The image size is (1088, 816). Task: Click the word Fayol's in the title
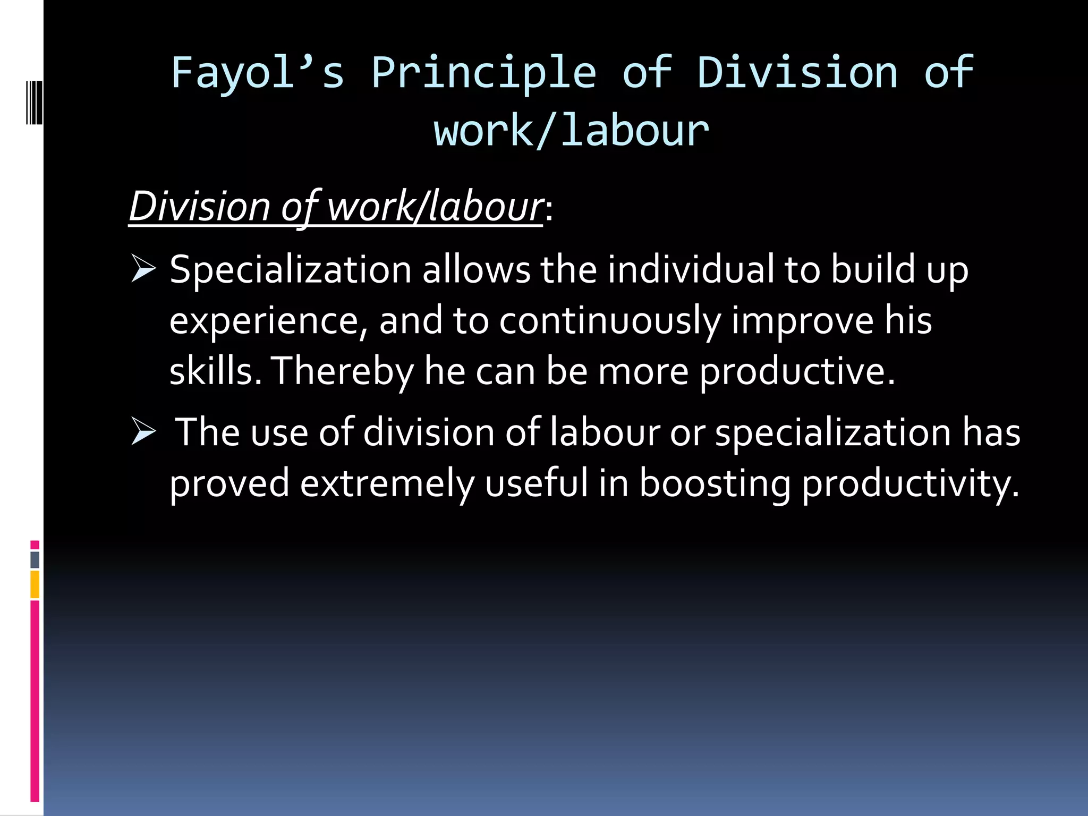point(258,73)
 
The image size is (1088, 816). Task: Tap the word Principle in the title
point(483,73)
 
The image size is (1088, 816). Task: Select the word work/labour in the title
point(571,131)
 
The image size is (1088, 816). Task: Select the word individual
point(691,269)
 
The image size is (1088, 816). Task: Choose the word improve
point(802,320)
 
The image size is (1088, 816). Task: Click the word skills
point(215,370)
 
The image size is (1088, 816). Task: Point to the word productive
point(797,370)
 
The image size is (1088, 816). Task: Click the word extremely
point(387,483)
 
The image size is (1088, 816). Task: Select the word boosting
point(715,483)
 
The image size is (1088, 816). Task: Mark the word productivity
point(910,483)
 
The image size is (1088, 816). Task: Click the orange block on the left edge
point(35,584)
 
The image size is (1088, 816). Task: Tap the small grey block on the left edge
point(35,560)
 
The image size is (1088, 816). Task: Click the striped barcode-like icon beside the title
point(34,103)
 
